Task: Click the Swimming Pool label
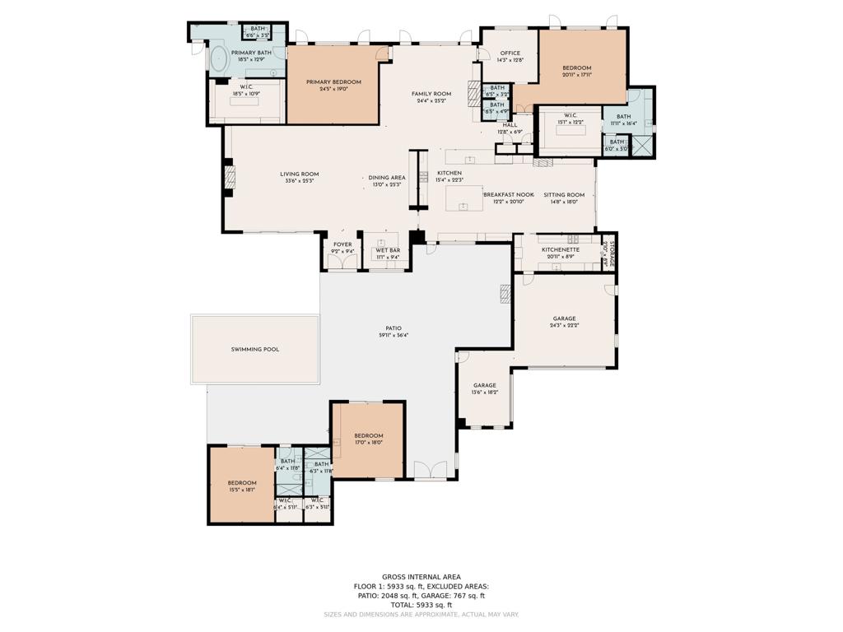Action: pyautogui.click(x=254, y=350)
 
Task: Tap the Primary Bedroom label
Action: pyautogui.click(x=333, y=82)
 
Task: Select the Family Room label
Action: pyautogui.click(x=431, y=94)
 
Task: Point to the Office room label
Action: pyautogui.click(x=510, y=53)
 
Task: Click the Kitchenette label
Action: pyautogui.click(x=561, y=249)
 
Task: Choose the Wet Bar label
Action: pyautogui.click(x=388, y=250)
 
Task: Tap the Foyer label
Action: pyautogui.click(x=342, y=244)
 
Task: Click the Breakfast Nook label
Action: pyautogui.click(x=508, y=195)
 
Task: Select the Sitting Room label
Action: pyautogui.click(x=564, y=195)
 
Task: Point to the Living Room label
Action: pyautogui.click(x=299, y=174)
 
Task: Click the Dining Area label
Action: pyautogui.click(x=387, y=178)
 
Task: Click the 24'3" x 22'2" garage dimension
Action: pyautogui.click(x=565, y=326)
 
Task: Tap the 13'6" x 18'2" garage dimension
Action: pyautogui.click(x=485, y=393)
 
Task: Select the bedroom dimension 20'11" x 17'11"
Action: pyautogui.click(x=577, y=76)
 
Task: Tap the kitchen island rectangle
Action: pyautogui.click(x=464, y=197)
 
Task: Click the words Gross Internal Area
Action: pyautogui.click(x=421, y=577)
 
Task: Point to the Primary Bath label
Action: pyautogui.click(x=251, y=53)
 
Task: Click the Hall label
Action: pyautogui.click(x=510, y=125)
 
